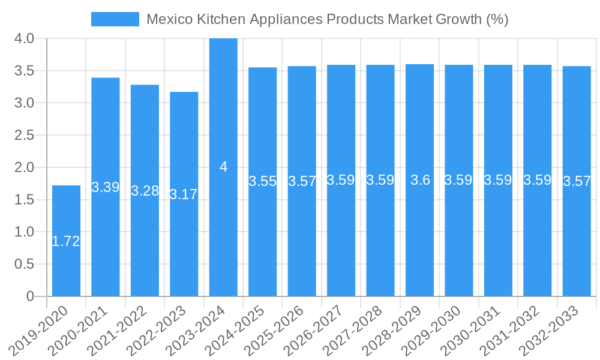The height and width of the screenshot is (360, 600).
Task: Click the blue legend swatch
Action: (x=115, y=19)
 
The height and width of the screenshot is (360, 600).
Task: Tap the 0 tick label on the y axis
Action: (x=31, y=296)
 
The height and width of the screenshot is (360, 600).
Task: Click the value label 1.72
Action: (x=66, y=241)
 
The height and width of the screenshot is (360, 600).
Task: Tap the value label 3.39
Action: (x=106, y=187)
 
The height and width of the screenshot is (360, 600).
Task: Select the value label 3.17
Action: (x=184, y=194)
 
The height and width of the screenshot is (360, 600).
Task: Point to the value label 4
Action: (x=223, y=167)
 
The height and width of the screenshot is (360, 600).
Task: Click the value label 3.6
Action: (x=420, y=180)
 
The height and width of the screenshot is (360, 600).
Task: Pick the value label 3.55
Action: (x=262, y=181)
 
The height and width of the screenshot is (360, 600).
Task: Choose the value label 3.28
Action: (x=145, y=191)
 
